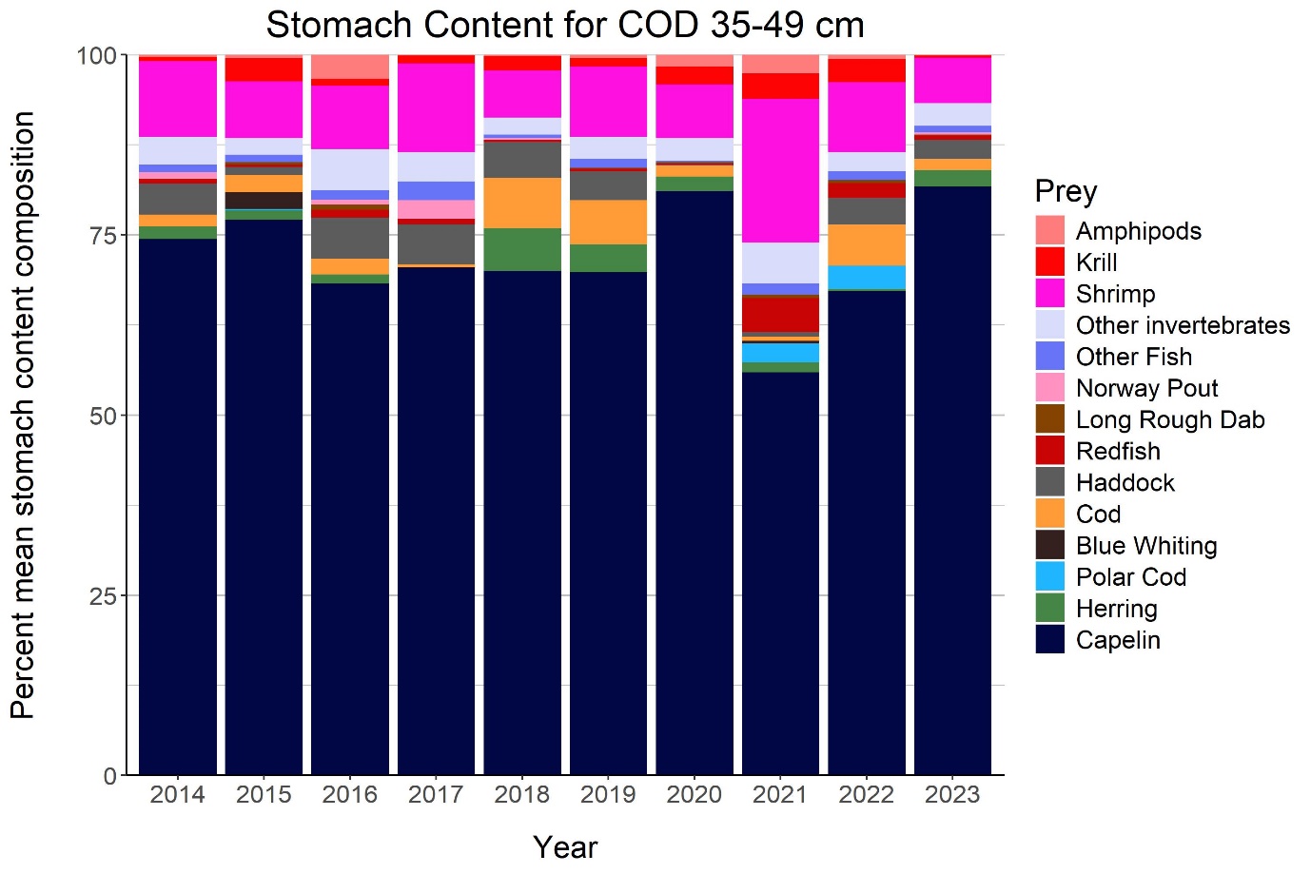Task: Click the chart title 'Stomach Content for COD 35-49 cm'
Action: click(565, 25)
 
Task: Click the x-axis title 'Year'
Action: click(565, 846)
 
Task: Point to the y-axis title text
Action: click(23, 416)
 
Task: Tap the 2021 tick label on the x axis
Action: click(780, 795)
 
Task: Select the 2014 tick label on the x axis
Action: click(177, 795)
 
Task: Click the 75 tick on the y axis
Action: click(96, 235)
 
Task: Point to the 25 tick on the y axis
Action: click(96, 595)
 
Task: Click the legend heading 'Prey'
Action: click(1066, 191)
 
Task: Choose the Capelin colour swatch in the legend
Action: click(1049, 639)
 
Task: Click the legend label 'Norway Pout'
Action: click(1146, 388)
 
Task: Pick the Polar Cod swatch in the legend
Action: click(1049, 576)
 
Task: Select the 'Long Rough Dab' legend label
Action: click(1170, 419)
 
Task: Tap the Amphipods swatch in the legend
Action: click(1049, 230)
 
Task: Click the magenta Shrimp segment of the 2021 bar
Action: click(780, 171)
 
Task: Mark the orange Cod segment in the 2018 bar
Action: click(522, 204)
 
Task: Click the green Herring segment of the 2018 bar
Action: click(522, 250)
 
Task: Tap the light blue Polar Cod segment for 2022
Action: click(867, 277)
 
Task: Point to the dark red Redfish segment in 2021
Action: click(780, 315)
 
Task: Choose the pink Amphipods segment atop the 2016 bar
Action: click(350, 67)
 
